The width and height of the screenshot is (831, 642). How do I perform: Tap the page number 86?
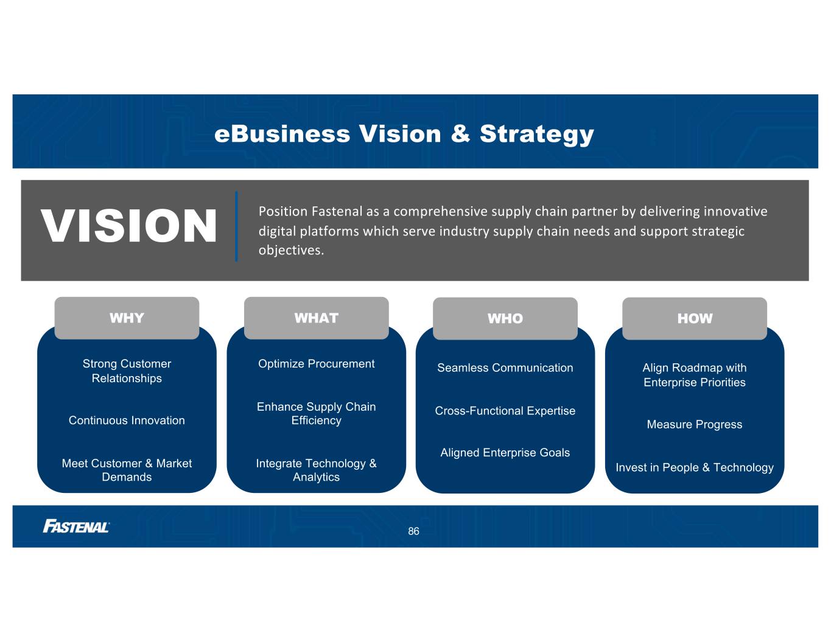pos(413,532)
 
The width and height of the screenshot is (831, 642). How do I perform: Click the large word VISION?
pos(128,226)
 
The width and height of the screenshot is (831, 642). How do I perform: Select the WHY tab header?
pos(127,318)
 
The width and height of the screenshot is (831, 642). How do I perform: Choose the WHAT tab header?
pos(316,318)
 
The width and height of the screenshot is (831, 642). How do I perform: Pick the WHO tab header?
pos(505,319)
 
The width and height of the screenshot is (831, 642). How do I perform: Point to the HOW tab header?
pos(694,319)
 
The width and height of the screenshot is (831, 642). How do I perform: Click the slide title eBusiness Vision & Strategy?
pos(404,134)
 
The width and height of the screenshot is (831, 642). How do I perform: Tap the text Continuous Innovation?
pos(127,420)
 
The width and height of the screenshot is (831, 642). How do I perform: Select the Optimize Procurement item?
pos(316,364)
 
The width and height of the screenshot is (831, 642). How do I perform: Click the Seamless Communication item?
pos(505,368)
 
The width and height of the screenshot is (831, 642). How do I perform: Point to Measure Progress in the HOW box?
pos(694,425)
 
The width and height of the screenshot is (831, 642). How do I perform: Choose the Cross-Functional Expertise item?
pos(505,411)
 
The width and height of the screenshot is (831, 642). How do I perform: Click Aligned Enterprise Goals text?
pos(505,453)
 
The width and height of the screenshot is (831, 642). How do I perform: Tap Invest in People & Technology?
pos(694,467)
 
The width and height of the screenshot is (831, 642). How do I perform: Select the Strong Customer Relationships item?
pos(127,371)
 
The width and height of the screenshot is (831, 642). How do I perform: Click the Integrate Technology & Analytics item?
pos(316,470)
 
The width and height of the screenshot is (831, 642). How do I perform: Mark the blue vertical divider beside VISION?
pos(236,226)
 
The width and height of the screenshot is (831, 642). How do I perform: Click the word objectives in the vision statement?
pos(290,250)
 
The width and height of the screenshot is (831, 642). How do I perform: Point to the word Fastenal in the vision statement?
pos(337,212)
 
